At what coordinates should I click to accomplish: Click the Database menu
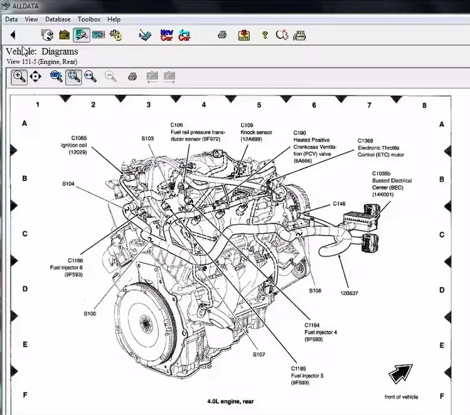[x=58, y=19]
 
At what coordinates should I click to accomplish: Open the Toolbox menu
[x=88, y=19]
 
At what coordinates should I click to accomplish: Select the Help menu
[x=114, y=19]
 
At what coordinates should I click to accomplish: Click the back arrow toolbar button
[x=13, y=35]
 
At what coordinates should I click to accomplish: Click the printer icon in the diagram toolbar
[x=132, y=77]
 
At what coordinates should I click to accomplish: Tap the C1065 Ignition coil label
[x=79, y=144]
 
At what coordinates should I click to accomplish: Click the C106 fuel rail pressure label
[x=197, y=132]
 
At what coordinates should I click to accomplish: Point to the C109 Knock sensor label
[x=255, y=132]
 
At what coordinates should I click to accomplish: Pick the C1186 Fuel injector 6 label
[x=67, y=267]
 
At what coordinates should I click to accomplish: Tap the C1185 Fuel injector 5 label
[x=307, y=375]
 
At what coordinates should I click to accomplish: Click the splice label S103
[x=147, y=137]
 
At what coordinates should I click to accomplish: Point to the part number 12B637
[x=349, y=293]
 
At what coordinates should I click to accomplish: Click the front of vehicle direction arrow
[x=400, y=374]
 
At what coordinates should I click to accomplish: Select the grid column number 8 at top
[x=424, y=105]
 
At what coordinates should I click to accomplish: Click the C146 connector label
[x=339, y=203]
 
